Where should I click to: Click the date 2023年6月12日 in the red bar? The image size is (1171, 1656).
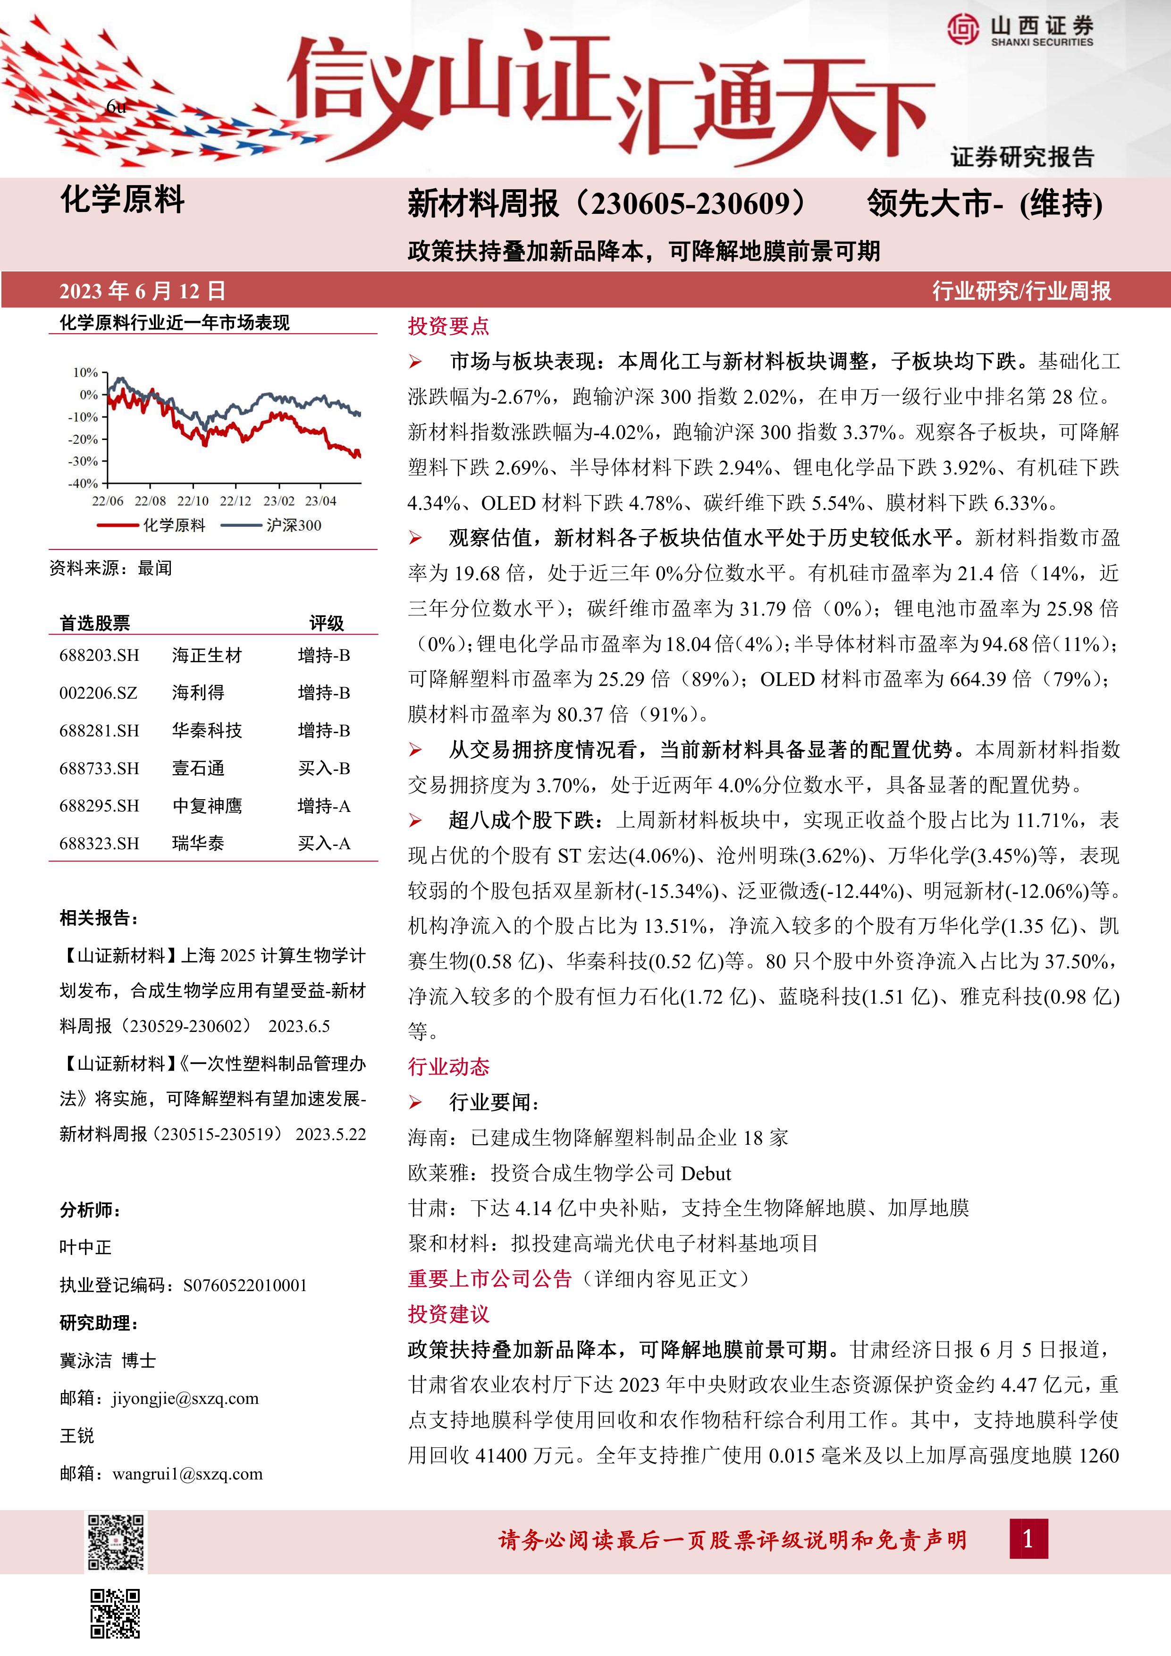pyautogui.click(x=142, y=291)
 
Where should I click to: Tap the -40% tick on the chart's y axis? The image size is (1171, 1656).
pyautogui.click(x=84, y=483)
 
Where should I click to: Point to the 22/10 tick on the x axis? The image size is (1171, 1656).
pyautogui.click(x=193, y=500)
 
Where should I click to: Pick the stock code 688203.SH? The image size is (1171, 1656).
pyautogui.click(x=100, y=656)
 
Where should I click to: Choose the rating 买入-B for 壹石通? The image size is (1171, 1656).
pyautogui.click(x=324, y=768)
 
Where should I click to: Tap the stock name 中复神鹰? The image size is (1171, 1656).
pyautogui.click(x=207, y=806)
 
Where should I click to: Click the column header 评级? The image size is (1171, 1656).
pyautogui.click(x=326, y=623)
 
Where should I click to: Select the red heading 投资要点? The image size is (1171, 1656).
pyautogui.click(x=448, y=326)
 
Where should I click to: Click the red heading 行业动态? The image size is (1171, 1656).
pyautogui.click(x=448, y=1067)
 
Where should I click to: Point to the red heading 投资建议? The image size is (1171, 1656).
pyautogui.click(x=448, y=1313)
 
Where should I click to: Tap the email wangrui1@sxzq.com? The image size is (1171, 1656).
pyautogui.click(x=187, y=1473)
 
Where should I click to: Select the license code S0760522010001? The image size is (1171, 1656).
pyautogui.click(x=245, y=1285)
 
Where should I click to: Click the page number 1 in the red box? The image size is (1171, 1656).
pyautogui.click(x=1028, y=1539)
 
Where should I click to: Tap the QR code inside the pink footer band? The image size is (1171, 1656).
pyautogui.click(x=116, y=1541)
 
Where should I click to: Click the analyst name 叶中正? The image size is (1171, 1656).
pyautogui.click(x=86, y=1247)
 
